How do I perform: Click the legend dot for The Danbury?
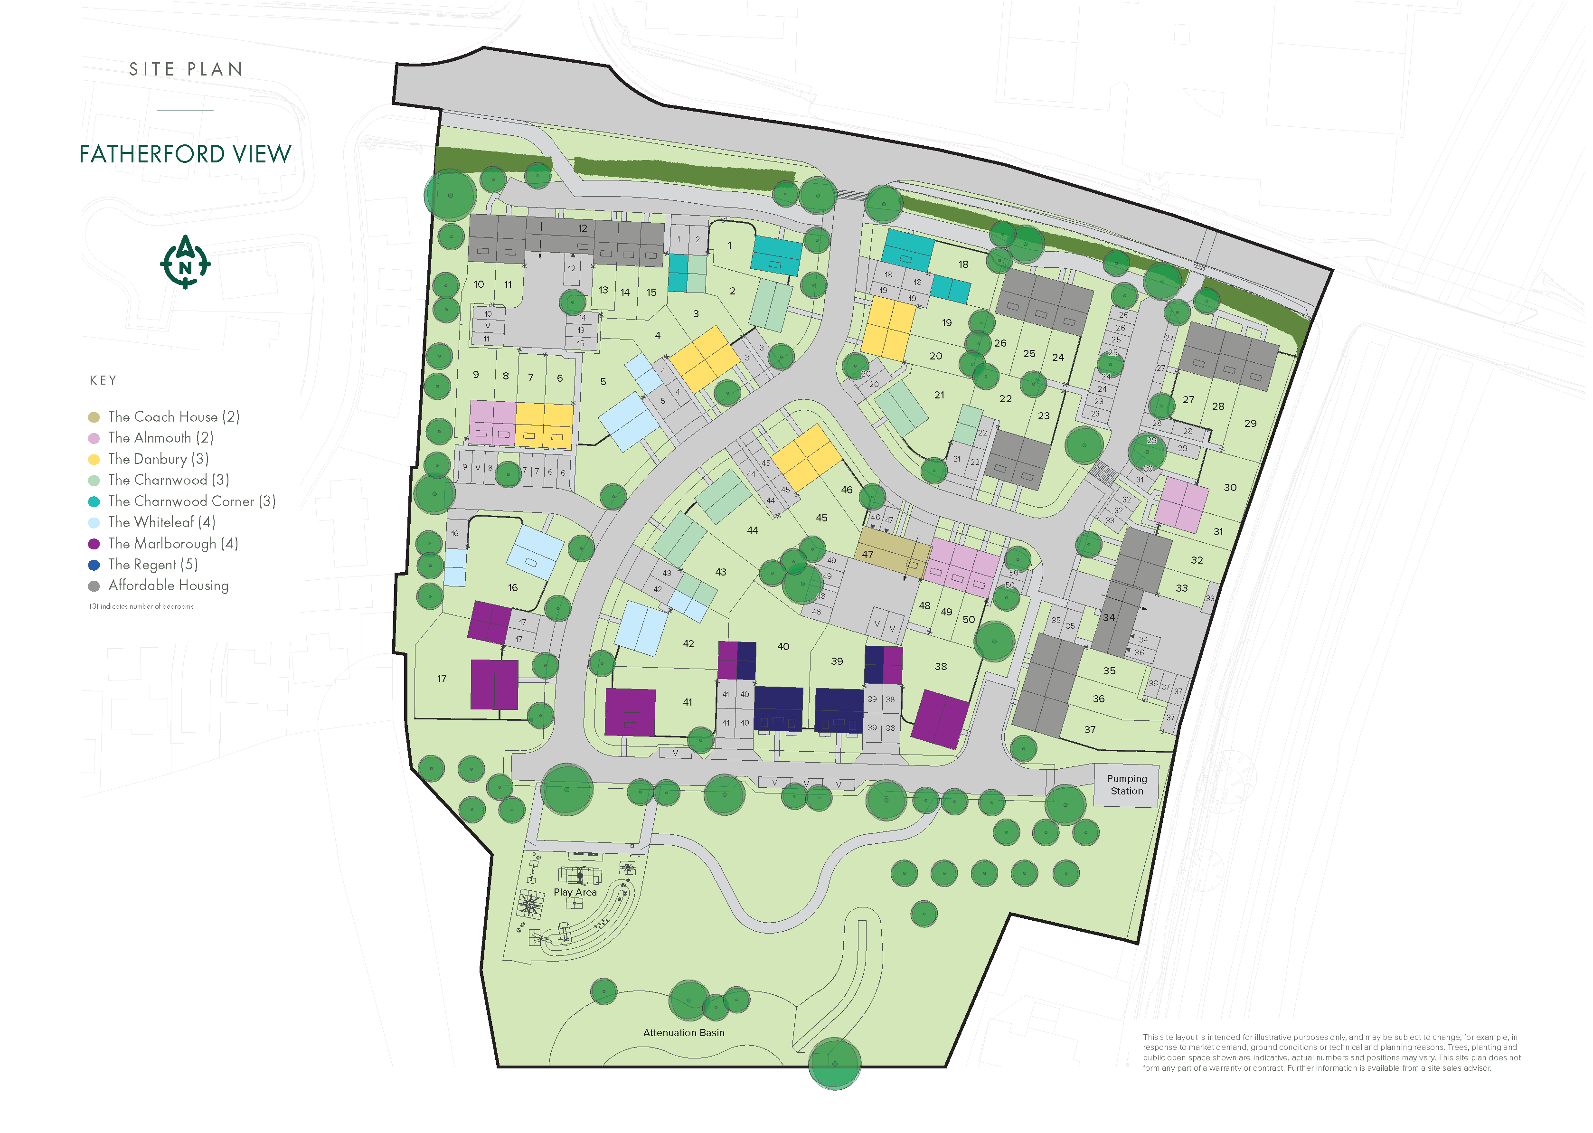[x=94, y=460]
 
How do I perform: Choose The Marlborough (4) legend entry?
[x=172, y=544]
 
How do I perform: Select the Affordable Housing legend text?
[x=168, y=585]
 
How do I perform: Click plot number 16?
[x=513, y=588]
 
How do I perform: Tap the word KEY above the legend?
[x=103, y=380]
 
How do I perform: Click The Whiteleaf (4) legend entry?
[x=161, y=522]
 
